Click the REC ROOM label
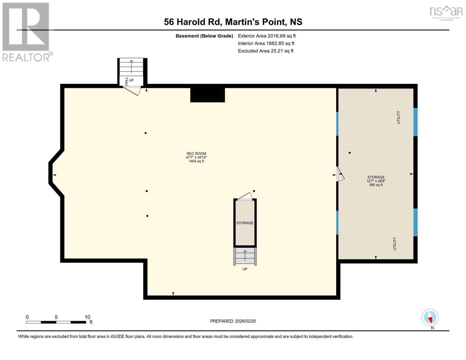(x=196, y=154)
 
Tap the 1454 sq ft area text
(x=196, y=161)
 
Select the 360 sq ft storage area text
(x=376, y=185)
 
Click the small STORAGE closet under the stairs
(x=245, y=223)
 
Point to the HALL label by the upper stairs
(x=126, y=81)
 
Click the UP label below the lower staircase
(x=245, y=269)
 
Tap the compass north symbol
(x=430, y=317)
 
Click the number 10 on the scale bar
(x=87, y=317)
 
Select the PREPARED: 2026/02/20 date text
(x=233, y=321)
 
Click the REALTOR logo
(x=26, y=31)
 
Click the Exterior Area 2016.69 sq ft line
(x=267, y=36)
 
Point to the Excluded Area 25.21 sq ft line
(x=266, y=51)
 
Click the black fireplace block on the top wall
(x=207, y=94)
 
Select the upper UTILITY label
(x=398, y=117)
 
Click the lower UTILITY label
(x=395, y=244)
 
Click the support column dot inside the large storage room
(x=350, y=153)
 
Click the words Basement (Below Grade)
(x=204, y=36)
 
